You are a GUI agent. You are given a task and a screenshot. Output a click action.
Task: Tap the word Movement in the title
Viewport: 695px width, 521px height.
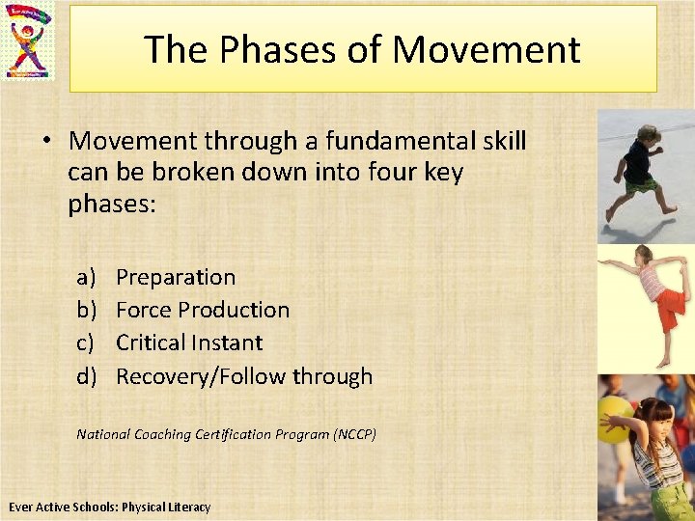(x=487, y=49)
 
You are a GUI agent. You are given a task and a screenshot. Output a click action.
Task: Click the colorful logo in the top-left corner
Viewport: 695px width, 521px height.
(x=29, y=41)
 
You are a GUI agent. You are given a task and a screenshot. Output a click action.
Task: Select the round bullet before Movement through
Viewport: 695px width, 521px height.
(x=46, y=142)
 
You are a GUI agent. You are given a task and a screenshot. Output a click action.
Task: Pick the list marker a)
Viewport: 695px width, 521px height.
(x=87, y=278)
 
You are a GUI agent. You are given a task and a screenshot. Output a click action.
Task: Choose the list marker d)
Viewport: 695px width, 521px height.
(x=87, y=376)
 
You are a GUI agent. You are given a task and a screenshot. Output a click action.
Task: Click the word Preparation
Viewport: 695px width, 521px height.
(x=176, y=278)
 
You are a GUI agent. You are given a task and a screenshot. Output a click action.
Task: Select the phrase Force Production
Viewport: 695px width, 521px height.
(x=203, y=311)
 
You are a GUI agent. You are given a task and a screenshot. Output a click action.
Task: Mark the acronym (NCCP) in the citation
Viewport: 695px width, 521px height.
(x=354, y=435)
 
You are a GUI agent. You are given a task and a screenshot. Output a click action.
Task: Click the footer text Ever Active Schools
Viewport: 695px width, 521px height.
(x=64, y=507)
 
